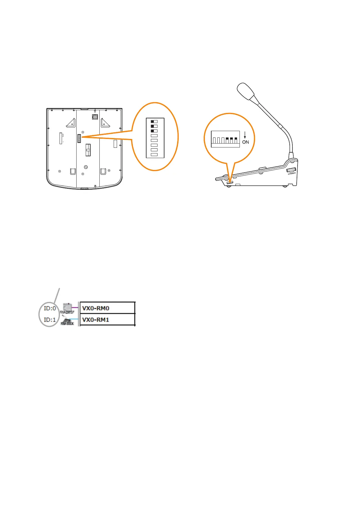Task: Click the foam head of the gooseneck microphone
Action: point(246,91)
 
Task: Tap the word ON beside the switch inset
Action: point(246,142)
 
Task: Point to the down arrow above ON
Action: point(245,135)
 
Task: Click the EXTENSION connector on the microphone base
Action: point(291,171)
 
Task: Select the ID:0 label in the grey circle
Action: point(50,308)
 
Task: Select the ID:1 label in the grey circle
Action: point(50,320)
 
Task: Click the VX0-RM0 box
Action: point(107,308)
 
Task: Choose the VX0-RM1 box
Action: point(107,320)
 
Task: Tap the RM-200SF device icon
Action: point(67,307)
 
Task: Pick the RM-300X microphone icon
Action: point(67,320)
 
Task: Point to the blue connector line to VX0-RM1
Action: point(75,319)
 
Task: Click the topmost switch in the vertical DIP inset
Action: point(154,121)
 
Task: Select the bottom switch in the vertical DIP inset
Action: point(154,154)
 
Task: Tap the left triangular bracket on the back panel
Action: point(71,123)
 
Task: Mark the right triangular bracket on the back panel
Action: point(105,123)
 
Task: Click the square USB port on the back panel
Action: point(95,116)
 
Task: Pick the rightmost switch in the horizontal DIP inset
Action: point(236,140)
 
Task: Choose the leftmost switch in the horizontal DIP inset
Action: point(214,140)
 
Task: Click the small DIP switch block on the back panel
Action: point(79,138)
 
